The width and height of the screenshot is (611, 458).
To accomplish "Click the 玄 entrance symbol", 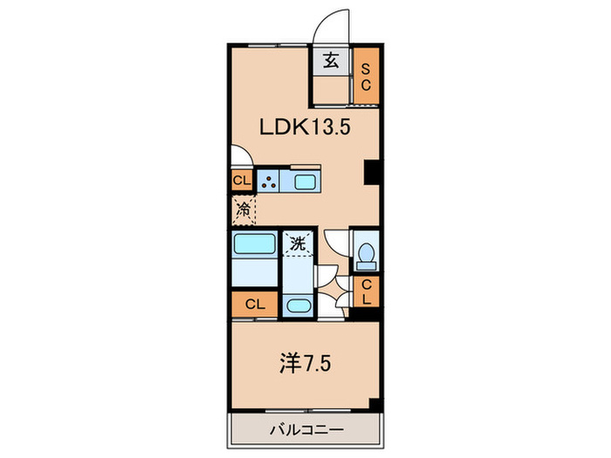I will click(332, 61).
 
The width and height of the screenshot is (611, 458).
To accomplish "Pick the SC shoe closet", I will click(367, 77).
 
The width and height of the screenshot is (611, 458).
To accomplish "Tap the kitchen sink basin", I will click(307, 182).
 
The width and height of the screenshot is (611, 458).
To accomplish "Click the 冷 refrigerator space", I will click(244, 209).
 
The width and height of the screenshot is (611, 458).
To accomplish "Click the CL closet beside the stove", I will click(241, 181).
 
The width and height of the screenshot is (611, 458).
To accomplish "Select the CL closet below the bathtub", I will click(254, 304).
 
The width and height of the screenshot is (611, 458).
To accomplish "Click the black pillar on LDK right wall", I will click(372, 173).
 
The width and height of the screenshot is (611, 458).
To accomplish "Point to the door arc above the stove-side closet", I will click(242, 158).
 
